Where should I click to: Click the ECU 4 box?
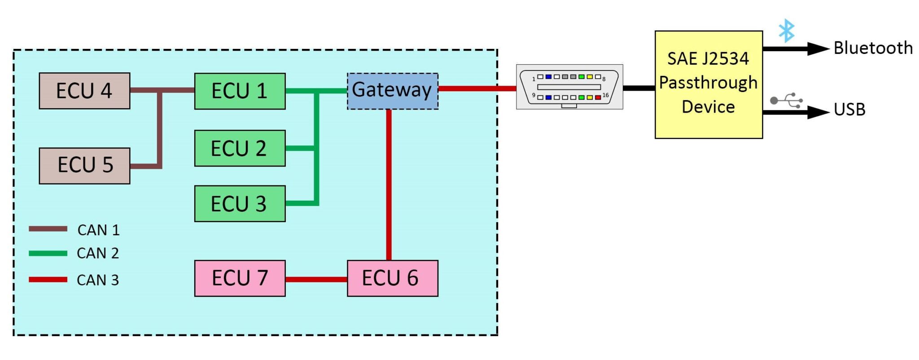[84, 91]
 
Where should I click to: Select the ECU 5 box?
[84, 166]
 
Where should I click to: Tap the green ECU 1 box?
[240, 91]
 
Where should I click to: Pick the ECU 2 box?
[240, 148]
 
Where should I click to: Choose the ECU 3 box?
[240, 204]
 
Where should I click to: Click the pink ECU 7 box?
[240, 278]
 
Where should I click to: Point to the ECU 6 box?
[392, 278]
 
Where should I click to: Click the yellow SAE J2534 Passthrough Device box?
[709, 84]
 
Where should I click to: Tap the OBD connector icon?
[569, 87]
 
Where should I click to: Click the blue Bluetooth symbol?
[786, 31]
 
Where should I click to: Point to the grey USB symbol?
[786, 101]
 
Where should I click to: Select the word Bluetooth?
[873, 48]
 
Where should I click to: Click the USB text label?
[849, 110]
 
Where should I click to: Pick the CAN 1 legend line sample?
[48, 229]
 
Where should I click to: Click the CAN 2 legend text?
[98, 253]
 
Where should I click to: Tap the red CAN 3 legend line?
[48, 279]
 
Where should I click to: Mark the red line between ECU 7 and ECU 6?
[316, 279]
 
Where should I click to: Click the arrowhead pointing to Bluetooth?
[818, 48]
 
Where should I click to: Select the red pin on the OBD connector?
[598, 97]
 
